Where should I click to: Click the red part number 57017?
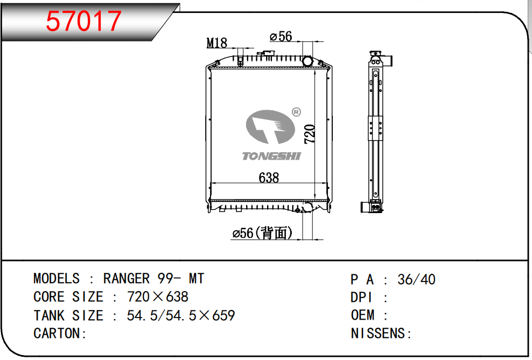click(83, 21)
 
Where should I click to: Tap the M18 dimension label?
click(217, 43)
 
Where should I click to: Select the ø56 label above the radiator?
click(281, 36)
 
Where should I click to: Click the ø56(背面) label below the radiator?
click(262, 233)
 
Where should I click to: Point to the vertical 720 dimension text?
click(310, 134)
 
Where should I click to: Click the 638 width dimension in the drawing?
click(269, 178)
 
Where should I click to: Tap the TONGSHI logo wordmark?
click(271, 156)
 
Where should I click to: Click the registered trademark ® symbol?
click(296, 112)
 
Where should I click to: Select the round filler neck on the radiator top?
click(307, 62)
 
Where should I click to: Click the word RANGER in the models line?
click(126, 279)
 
